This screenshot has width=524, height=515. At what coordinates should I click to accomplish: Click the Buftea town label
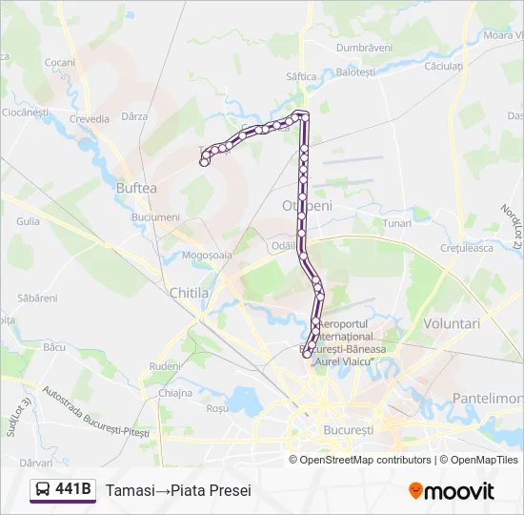coord(135,188)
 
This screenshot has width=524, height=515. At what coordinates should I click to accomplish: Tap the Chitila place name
coord(189,293)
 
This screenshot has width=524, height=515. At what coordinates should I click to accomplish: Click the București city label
coord(348,430)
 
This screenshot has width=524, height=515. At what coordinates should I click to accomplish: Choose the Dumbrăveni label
coord(364,47)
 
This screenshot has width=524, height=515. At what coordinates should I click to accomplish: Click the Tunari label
coord(396,222)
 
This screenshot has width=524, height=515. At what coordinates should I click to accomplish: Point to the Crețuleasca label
coord(464,247)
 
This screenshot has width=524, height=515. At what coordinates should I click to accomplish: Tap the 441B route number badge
coord(74,489)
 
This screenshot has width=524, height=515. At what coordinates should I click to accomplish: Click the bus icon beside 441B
coord(43,490)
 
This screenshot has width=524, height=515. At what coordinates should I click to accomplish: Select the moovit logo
coord(452,491)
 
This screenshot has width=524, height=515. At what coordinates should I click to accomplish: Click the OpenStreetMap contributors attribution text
coord(366,460)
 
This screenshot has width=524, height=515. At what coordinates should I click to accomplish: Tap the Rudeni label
coord(164,365)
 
